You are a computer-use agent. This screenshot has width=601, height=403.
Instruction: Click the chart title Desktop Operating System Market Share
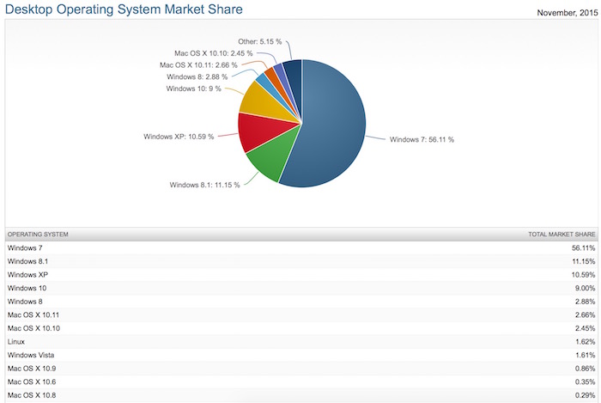point(122,9)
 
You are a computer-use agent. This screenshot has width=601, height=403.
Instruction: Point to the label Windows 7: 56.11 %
point(422,139)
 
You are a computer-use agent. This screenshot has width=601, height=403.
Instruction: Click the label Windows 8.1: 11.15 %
point(203,185)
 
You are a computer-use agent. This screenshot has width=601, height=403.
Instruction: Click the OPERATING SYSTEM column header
point(38,234)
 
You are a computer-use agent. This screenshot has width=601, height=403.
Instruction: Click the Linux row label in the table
point(16,341)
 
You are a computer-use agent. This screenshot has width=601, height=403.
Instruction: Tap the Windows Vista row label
point(30,354)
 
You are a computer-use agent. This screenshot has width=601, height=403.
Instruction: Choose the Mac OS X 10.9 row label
point(33,368)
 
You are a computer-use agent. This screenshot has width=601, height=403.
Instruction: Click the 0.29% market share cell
point(582,394)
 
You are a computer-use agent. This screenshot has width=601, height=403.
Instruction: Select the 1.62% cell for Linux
point(582,341)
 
